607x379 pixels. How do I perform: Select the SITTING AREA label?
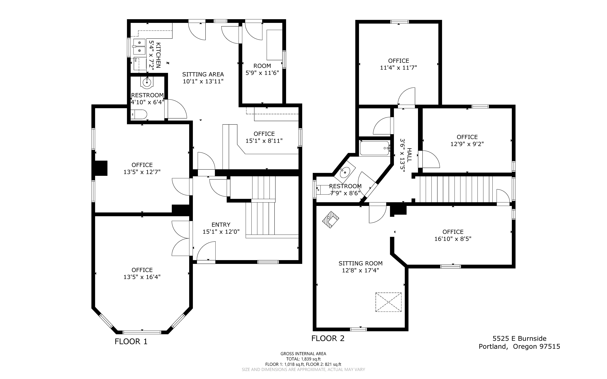[x=203, y=74]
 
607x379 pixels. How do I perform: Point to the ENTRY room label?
[x=221, y=225]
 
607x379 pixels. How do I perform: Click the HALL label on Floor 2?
[x=409, y=155]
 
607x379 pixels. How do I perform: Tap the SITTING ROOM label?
[x=361, y=263]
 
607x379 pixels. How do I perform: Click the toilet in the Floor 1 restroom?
[x=139, y=114]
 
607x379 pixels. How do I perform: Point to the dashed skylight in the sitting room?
[x=388, y=302]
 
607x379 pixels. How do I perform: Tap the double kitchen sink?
[x=139, y=47]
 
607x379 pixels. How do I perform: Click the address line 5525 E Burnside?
[x=520, y=339]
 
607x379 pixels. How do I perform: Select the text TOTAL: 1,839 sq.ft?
[x=303, y=359]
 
